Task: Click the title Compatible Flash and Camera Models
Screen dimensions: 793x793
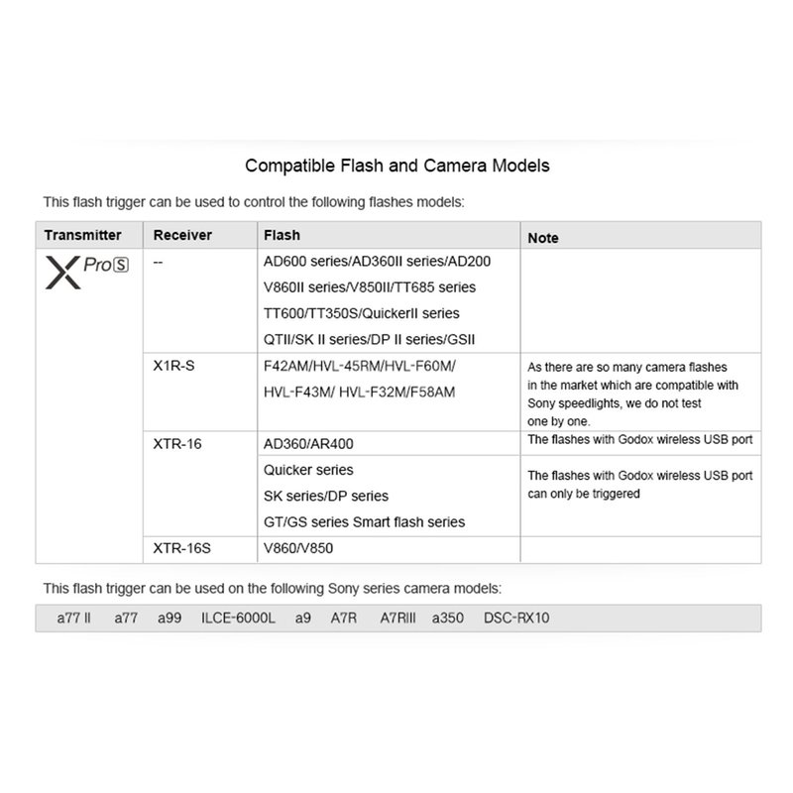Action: [x=396, y=166]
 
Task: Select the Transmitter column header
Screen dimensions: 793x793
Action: [x=83, y=236]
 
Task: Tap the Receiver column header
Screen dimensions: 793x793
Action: [x=184, y=236]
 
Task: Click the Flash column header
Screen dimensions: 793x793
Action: [x=282, y=236]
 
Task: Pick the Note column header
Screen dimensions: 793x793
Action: [x=543, y=238]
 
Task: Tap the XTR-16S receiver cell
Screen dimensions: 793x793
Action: [x=182, y=546]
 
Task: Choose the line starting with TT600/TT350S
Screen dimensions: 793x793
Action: [x=361, y=313]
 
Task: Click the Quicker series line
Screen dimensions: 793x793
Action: [x=308, y=469]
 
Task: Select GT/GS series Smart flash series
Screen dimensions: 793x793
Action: [x=364, y=521]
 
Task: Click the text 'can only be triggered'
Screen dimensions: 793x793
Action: [x=583, y=494]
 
